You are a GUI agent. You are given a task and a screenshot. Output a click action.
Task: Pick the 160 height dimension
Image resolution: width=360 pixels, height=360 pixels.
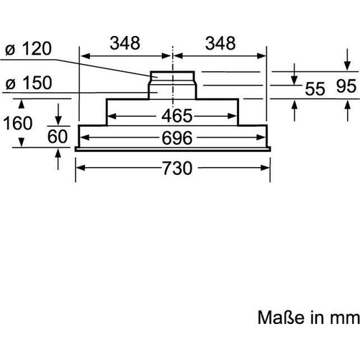click(x=17, y=123)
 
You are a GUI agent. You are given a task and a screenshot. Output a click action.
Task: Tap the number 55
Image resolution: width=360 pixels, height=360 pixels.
click(x=315, y=89)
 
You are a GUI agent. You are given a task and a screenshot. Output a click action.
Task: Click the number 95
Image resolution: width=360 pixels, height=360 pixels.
click(x=346, y=88)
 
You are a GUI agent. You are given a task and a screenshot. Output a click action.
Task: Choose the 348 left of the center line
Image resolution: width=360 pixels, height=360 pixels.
click(x=125, y=43)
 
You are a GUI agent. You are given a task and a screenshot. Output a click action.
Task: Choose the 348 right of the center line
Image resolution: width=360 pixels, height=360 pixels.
click(x=220, y=43)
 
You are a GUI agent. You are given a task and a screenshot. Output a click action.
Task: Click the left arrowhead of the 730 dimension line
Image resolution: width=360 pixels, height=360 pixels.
click(x=80, y=168)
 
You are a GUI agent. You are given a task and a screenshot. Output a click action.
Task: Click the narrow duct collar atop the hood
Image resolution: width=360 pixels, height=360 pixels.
click(x=173, y=76)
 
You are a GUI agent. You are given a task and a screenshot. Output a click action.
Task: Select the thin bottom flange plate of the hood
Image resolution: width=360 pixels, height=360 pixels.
click(x=173, y=148)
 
